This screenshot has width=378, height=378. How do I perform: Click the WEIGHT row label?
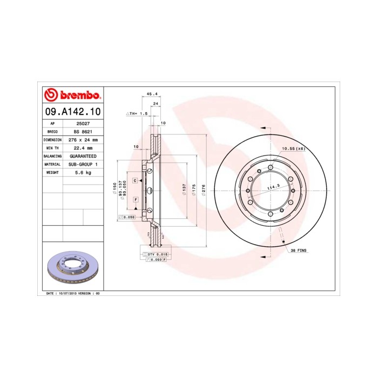click(x=52, y=172)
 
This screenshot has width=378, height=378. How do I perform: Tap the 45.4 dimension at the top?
click(x=152, y=94)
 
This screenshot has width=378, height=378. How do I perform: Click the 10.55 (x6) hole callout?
click(x=294, y=148)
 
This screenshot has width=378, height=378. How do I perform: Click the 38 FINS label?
click(x=299, y=251)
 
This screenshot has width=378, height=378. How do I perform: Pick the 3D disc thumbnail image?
click(x=72, y=269)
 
